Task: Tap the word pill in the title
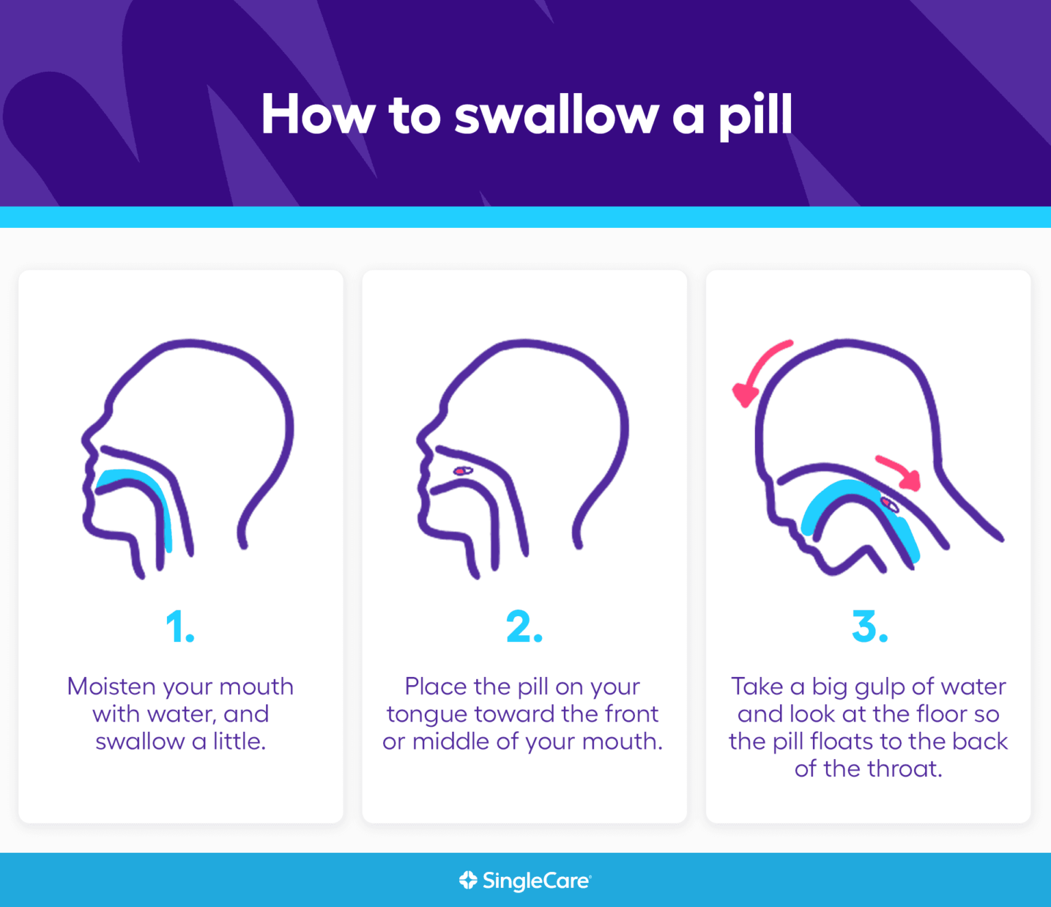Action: (755, 116)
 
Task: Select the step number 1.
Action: (179, 626)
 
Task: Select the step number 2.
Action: (524, 626)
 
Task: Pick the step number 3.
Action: (869, 626)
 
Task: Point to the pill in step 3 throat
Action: (890, 505)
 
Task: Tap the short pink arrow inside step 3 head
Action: (899, 471)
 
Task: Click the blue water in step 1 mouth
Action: (137, 477)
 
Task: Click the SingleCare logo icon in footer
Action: (468, 880)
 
